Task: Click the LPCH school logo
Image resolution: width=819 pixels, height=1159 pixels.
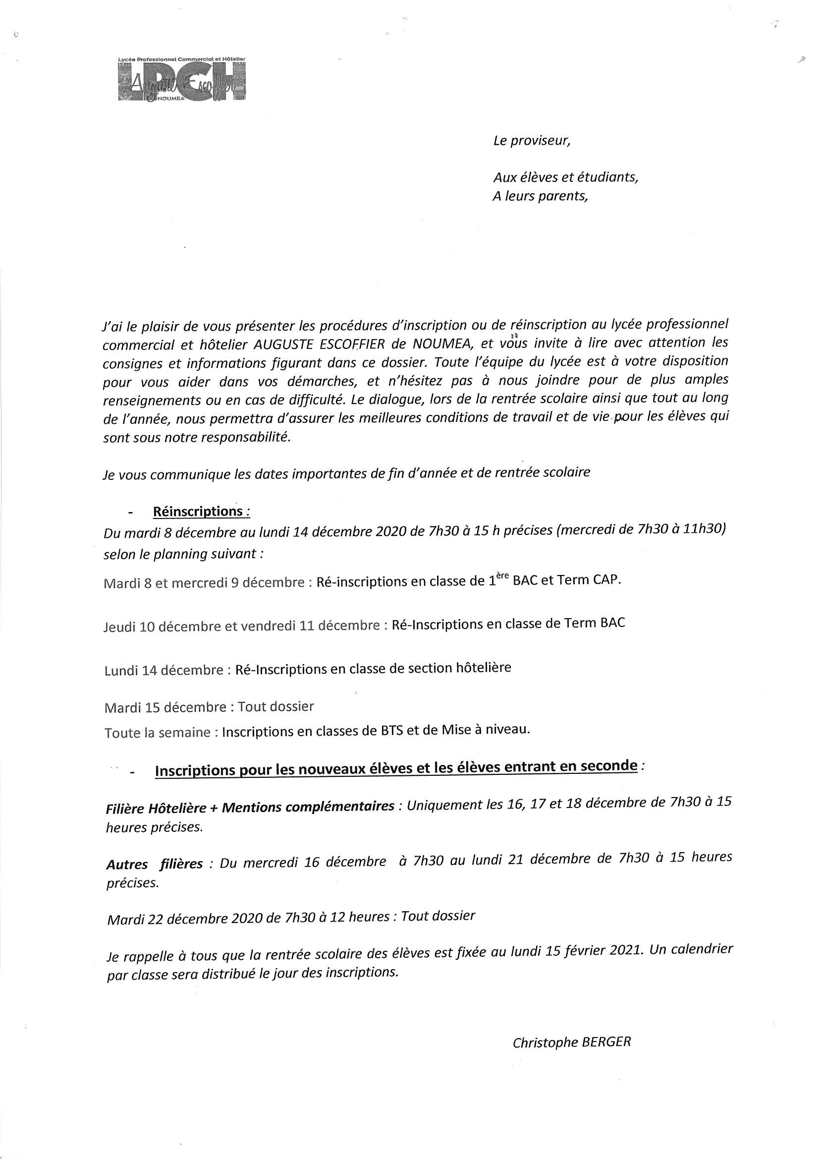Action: point(181,79)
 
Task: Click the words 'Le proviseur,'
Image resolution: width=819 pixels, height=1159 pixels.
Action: point(531,141)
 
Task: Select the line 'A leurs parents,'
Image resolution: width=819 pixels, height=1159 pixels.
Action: point(540,196)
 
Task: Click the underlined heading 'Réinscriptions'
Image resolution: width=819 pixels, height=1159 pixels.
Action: point(198,512)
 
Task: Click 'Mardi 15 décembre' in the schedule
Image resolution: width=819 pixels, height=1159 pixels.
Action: point(165,707)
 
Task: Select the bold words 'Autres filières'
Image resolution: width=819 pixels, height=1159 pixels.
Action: point(154,864)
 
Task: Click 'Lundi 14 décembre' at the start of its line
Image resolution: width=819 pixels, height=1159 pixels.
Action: point(164,670)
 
